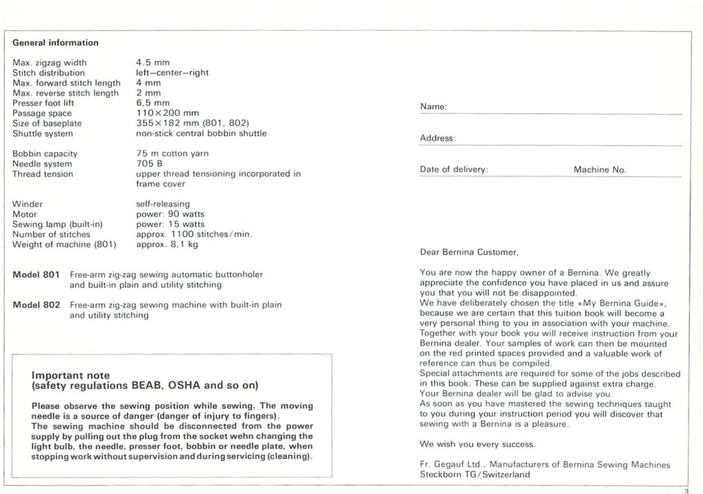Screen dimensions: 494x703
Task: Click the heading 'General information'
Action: [x=55, y=43]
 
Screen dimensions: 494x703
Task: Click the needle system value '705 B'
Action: [x=150, y=164]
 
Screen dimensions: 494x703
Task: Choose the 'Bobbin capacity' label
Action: [x=45, y=154]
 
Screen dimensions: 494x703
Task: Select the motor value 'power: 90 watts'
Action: [x=170, y=214]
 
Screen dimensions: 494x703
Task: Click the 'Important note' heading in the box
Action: [x=71, y=375]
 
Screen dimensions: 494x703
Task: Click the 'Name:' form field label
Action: [x=433, y=108]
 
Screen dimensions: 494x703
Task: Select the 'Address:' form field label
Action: [x=437, y=139]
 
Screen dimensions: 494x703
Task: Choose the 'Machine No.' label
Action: [x=599, y=169]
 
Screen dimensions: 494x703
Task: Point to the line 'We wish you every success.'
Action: [x=468, y=444]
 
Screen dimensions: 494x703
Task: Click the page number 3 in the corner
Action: [x=686, y=490]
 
